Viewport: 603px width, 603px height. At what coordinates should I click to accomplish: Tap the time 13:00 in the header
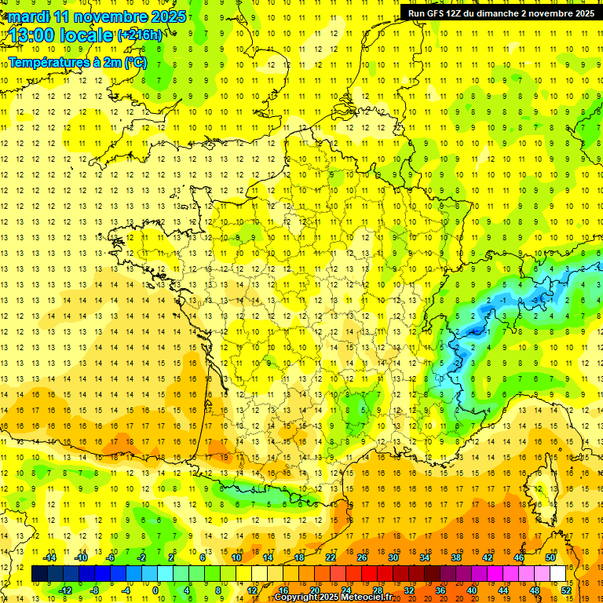coord(35,35)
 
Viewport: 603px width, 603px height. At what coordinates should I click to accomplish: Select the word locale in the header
coord(90,35)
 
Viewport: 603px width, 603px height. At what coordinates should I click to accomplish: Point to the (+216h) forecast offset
coord(141,35)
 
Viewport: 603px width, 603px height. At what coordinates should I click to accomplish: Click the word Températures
coord(46,62)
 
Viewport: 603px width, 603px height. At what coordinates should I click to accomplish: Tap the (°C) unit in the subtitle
coord(134,62)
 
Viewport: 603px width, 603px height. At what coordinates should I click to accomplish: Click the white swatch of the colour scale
coord(558,574)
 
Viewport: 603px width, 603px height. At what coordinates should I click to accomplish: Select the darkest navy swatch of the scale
coord(40,574)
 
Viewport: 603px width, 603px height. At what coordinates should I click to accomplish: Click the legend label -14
coord(50,557)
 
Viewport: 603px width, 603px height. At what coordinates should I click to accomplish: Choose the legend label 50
coord(550,557)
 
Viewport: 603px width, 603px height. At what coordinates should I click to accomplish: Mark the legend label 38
coord(456,557)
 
